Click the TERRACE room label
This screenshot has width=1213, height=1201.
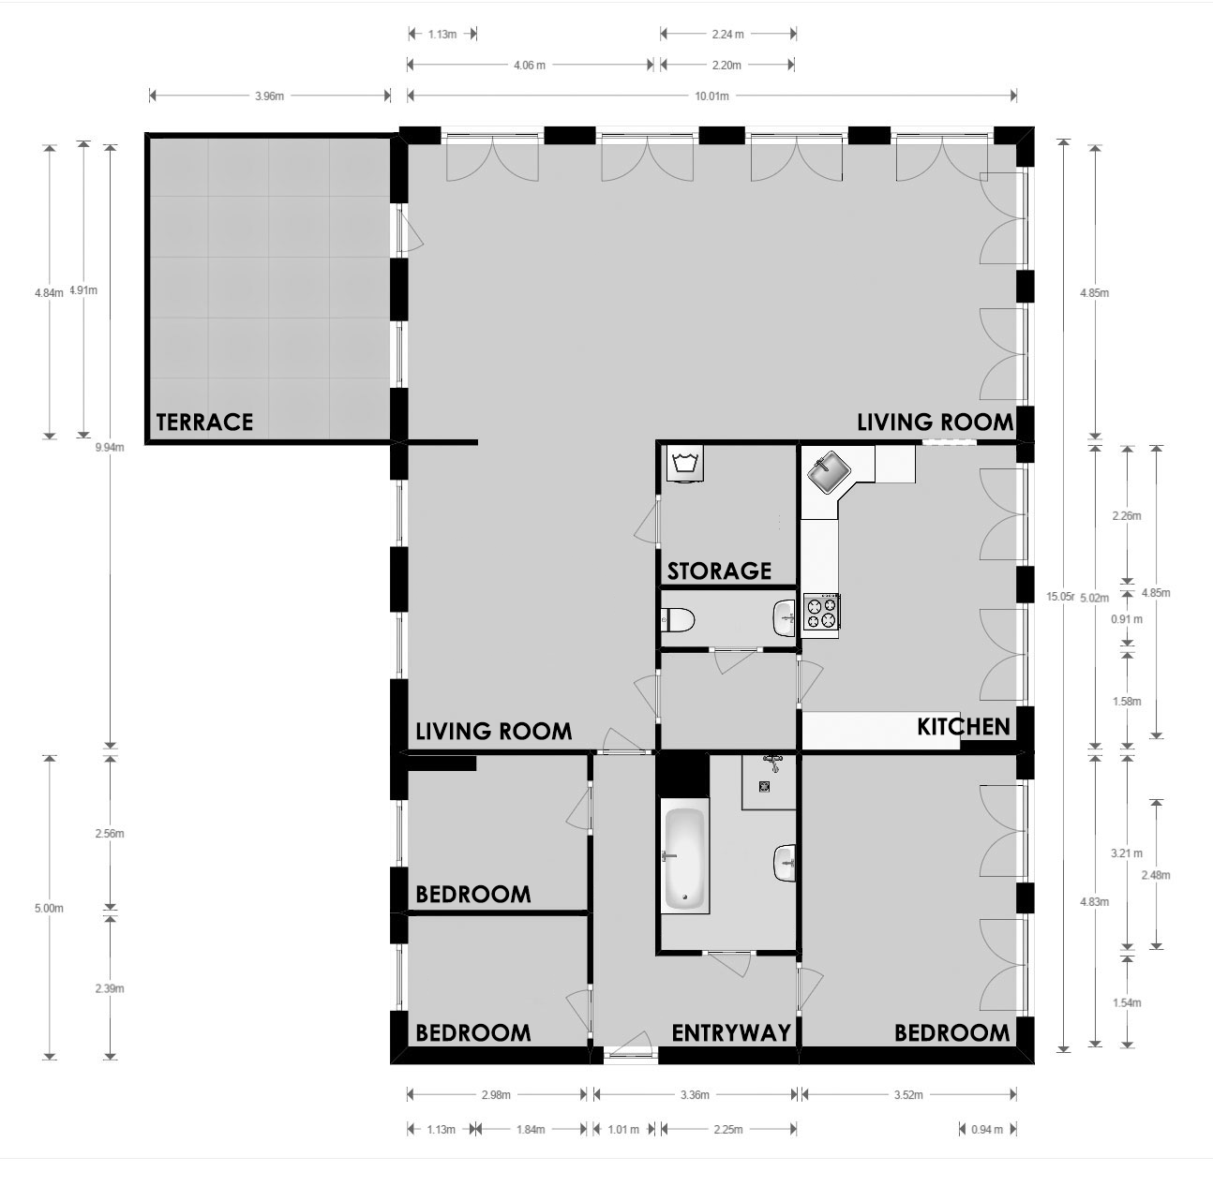pos(204,423)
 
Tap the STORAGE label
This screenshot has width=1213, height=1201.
pos(720,571)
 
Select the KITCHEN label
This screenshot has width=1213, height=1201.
pos(964,727)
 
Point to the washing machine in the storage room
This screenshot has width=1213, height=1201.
pos(685,465)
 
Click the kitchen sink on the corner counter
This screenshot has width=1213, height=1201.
pos(830,471)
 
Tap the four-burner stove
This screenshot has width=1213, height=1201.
pos(821,612)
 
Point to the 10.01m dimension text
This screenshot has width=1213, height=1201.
pos(711,96)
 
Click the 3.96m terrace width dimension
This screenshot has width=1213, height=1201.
pos(269,96)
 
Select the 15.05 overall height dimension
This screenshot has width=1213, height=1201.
pos(1060,597)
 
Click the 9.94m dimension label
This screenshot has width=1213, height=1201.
pos(110,447)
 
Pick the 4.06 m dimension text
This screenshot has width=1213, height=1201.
pos(530,65)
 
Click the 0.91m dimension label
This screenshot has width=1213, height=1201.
pos(1127,619)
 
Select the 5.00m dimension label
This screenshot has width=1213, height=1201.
pos(49,909)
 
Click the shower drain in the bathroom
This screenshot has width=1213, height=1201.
pos(764,786)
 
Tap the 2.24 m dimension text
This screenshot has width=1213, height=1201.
pos(728,35)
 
